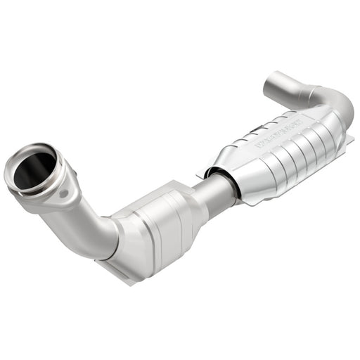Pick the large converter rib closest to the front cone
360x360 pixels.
pyautogui.click(x=260, y=169)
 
